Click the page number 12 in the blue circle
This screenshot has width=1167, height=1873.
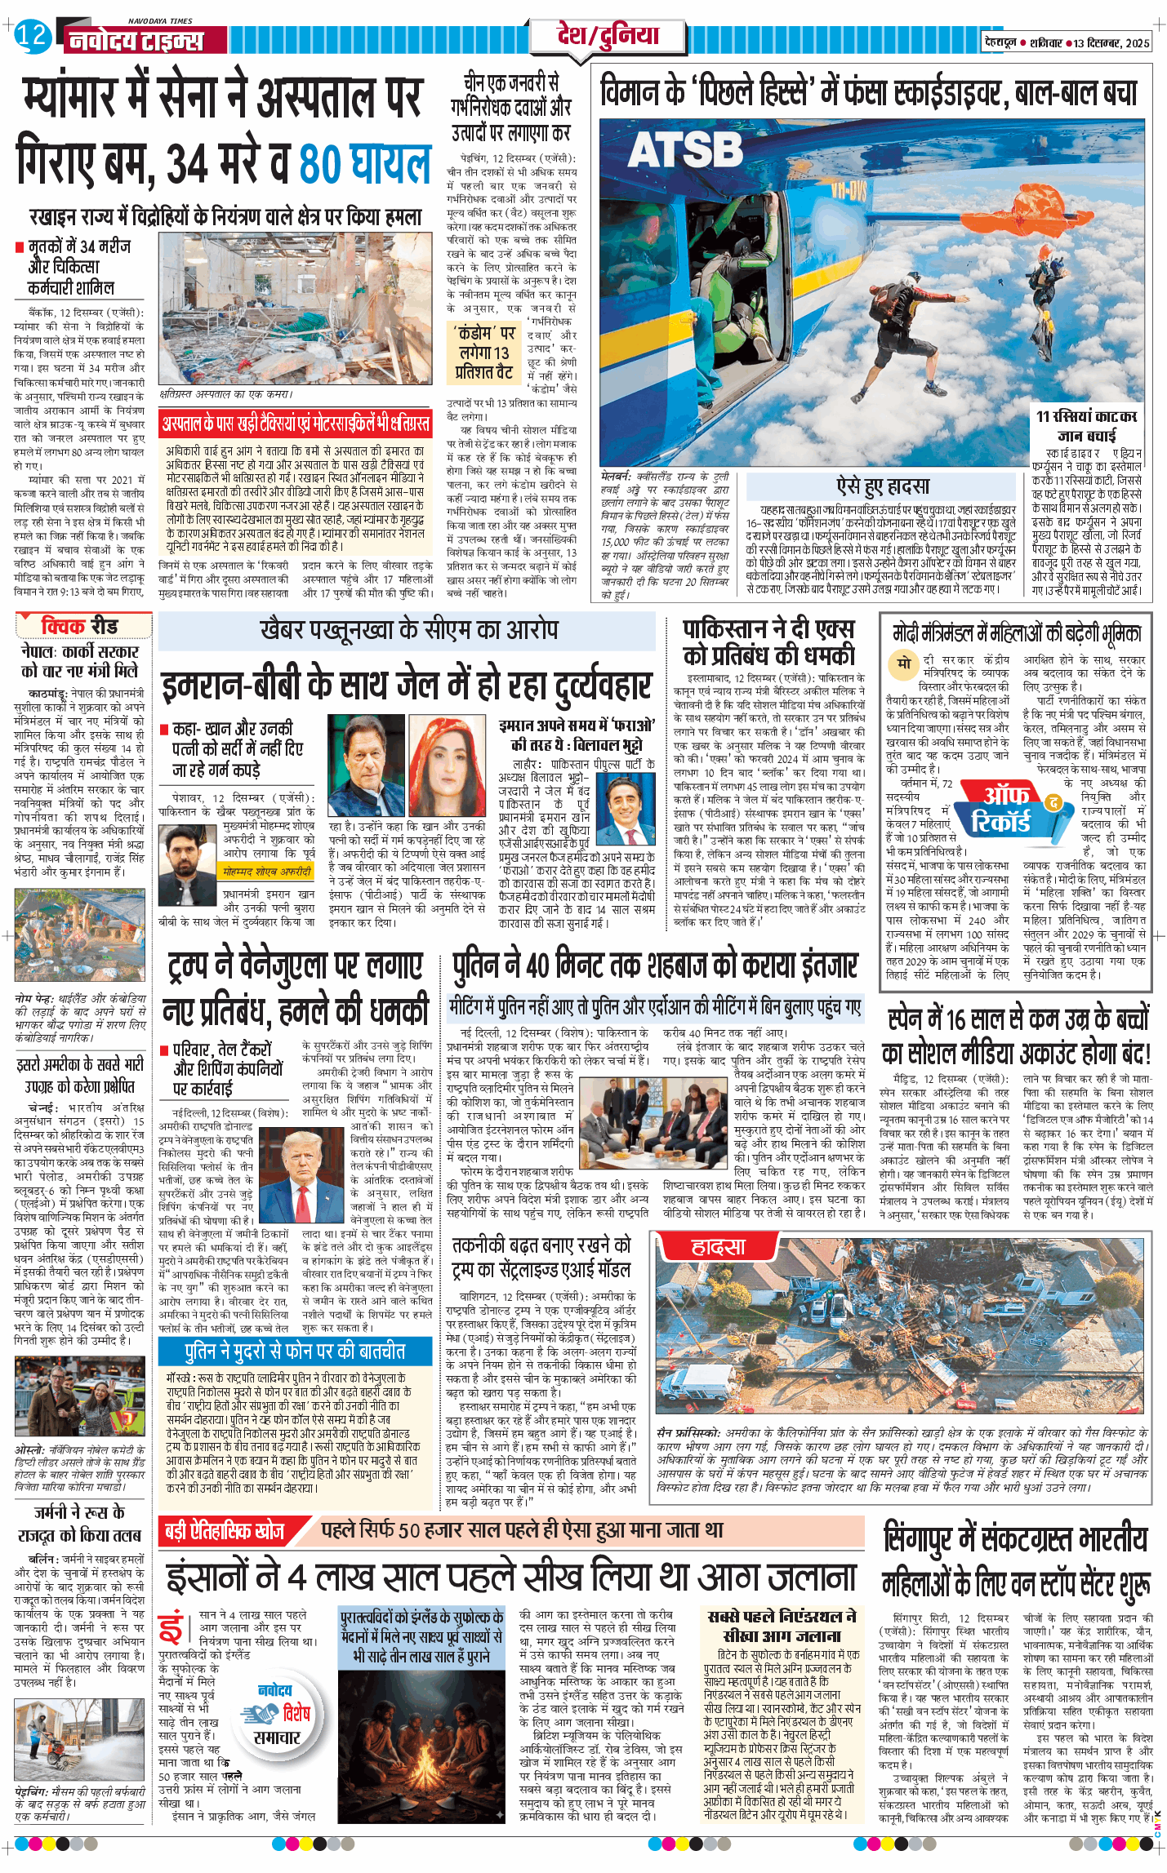point(32,36)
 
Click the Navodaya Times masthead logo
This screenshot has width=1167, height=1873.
point(135,39)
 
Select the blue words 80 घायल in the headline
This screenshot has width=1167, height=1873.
point(364,164)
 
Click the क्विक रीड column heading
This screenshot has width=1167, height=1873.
point(79,626)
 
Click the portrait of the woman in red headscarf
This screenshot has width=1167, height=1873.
point(447,765)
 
